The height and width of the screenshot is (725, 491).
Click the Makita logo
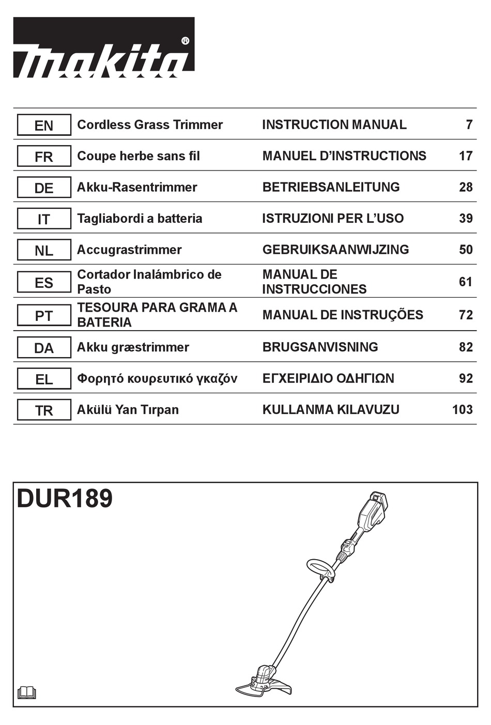tap(103, 48)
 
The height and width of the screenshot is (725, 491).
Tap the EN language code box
tap(44, 125)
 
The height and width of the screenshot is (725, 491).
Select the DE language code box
tap(44, 188)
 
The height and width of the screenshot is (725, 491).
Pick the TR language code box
tap(44, 410)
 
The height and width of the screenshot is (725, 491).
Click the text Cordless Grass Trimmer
tap(150, 125)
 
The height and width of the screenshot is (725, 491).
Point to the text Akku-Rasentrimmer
tap(137, 187)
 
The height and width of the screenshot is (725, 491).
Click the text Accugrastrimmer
tap(129, 250)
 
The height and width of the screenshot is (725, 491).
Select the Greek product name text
tap(157, 379)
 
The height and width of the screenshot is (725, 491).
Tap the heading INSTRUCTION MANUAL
tap(334, 125)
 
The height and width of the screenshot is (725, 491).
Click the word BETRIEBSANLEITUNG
tap(331, 187)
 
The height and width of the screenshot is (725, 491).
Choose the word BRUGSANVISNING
tap(320, 347)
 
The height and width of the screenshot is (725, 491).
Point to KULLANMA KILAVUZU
tap(331, 410)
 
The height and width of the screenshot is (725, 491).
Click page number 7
tap(469, 125)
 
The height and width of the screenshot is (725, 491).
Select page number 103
tap(462, 410)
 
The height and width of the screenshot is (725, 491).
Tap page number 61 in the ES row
tap(465, 282)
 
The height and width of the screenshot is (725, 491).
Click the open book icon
tap(27, 692)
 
